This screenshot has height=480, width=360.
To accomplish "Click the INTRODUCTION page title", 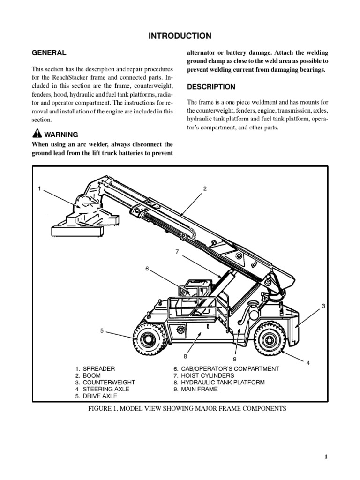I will click(180, 36).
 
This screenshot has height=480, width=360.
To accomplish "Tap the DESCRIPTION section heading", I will click(211, 87).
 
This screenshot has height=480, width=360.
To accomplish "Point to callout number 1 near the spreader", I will click(40, 188).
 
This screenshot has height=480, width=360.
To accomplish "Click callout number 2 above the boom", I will click(205, 188).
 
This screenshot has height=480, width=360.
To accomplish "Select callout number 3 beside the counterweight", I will click(323, 306).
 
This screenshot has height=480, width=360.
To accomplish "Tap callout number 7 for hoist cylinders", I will click(178, 252).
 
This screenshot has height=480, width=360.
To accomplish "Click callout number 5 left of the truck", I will click(102, 331).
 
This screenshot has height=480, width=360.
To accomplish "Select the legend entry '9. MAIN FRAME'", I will click(195, 389).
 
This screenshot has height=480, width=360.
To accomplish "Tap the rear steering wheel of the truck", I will click(270, 338).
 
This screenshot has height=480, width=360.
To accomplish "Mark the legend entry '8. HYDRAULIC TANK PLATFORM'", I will click(219, 382).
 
